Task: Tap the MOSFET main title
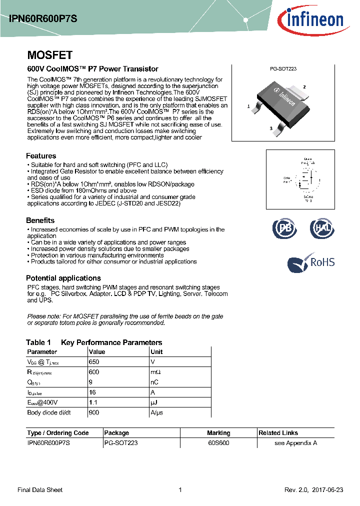49,55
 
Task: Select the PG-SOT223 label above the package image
283,69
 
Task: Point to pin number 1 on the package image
248,106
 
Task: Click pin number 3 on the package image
270,128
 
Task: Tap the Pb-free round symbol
285,228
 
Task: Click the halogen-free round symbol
322,228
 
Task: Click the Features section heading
41,155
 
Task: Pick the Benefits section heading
40,220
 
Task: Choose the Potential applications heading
63,278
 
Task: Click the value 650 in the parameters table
94,362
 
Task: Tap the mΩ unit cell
155,372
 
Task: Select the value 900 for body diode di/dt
94,412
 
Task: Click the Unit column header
156,351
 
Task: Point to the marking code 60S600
219,443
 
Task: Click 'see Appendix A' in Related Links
296,443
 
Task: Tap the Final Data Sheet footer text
40,490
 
